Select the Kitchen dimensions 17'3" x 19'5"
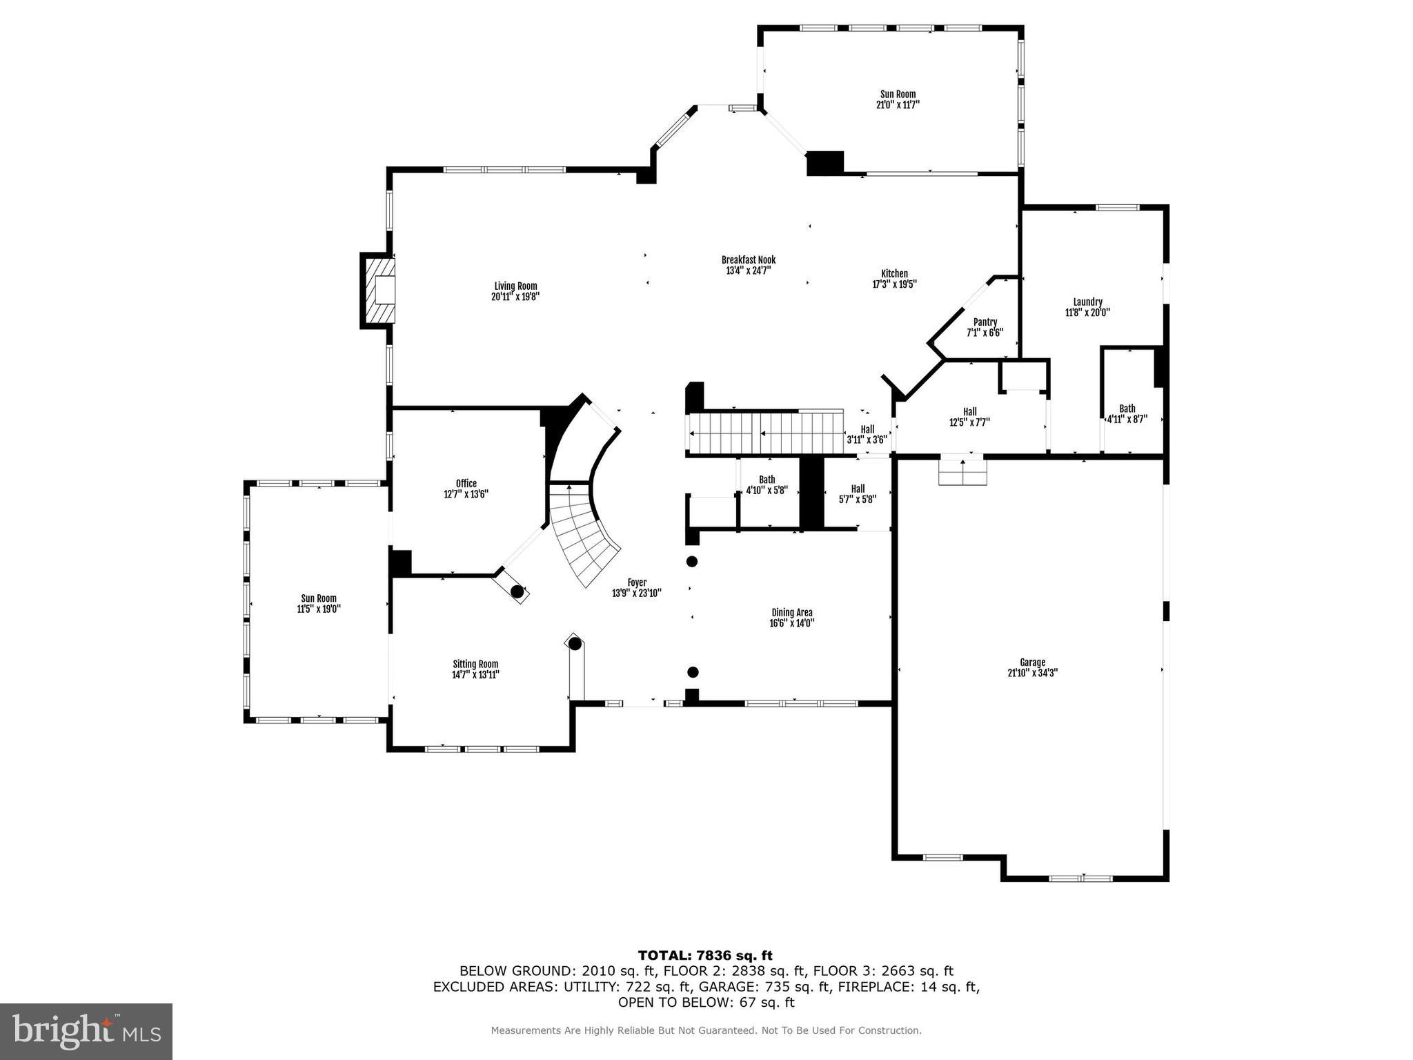894,284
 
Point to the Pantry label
985,322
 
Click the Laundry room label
1087,302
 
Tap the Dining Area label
791,612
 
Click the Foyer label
636,582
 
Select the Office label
466,484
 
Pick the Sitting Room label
475,664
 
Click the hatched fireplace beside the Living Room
379,290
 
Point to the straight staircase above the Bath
766,433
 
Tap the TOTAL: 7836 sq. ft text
705,956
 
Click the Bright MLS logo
86,1031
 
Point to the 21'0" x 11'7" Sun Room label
898,99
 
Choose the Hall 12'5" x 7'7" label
969,417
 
